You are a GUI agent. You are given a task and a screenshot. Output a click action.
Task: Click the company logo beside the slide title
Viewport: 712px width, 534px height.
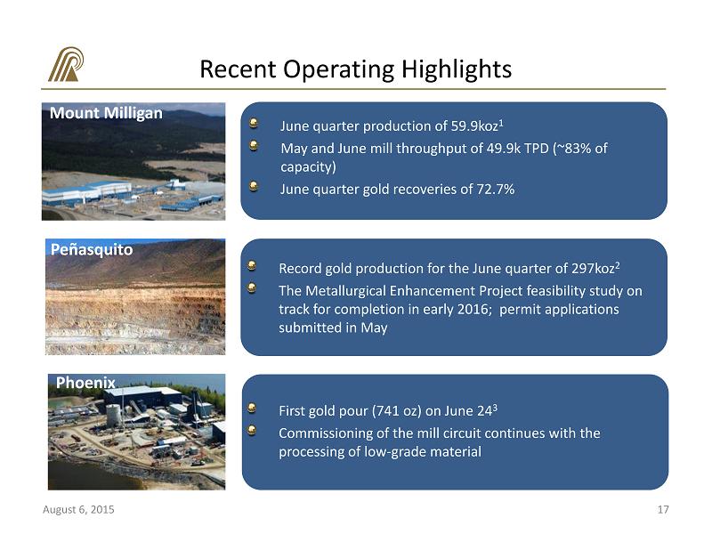66,64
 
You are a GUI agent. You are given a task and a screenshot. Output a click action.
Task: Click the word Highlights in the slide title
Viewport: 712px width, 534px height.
457,69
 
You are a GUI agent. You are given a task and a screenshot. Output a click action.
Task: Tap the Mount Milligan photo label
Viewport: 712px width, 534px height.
106,113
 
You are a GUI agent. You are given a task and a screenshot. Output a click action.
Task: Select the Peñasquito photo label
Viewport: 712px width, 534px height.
92,250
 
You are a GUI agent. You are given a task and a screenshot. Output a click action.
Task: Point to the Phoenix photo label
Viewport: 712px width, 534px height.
85,383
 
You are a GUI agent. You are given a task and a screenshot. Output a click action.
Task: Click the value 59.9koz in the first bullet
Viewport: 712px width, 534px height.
474,125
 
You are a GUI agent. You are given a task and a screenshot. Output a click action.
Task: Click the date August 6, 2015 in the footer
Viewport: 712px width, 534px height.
78,509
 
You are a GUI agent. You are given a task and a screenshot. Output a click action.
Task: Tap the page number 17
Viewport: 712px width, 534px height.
663,509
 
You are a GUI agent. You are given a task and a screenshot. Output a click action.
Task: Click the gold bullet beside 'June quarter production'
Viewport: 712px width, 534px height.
254,123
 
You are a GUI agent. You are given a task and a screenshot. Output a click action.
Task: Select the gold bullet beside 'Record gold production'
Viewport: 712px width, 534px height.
252,265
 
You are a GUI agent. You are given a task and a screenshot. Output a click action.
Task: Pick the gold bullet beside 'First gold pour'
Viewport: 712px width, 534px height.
252,408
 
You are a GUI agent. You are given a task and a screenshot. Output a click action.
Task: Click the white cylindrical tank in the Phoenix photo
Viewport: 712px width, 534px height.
113,415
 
